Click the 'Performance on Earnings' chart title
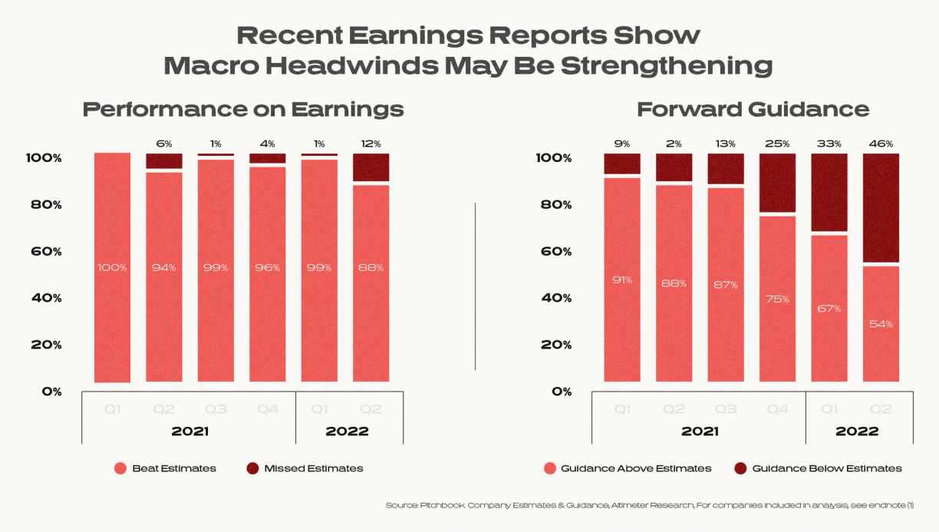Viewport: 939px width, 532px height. [x=242, y=109]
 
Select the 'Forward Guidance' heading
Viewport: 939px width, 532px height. [x=753, y=109]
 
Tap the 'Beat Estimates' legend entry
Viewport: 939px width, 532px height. [x=173, y=468]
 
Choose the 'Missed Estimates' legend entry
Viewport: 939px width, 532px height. [x=313, y=468]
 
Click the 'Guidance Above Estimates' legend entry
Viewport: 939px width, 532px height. [x=636, y=468]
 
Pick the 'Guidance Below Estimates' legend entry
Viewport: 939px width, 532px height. [x=827, y=468]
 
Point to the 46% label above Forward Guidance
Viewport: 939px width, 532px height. [x=881, y=144]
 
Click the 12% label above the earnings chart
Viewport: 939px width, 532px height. [x=371, y=144]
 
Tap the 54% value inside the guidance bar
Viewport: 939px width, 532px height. [x=881, y=324]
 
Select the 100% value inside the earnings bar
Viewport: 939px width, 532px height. [x=112, y=268]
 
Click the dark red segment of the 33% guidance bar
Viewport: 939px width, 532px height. [x=829, y=192]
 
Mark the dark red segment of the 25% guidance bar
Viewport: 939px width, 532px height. [x=777, y=183]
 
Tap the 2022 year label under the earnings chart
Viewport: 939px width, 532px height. [x=347, y=431]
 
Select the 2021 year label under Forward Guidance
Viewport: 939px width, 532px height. [x=700, y=431]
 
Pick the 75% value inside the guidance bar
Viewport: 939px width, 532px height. [x=777, y=299]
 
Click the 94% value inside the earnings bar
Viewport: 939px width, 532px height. [x=164, y=268]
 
